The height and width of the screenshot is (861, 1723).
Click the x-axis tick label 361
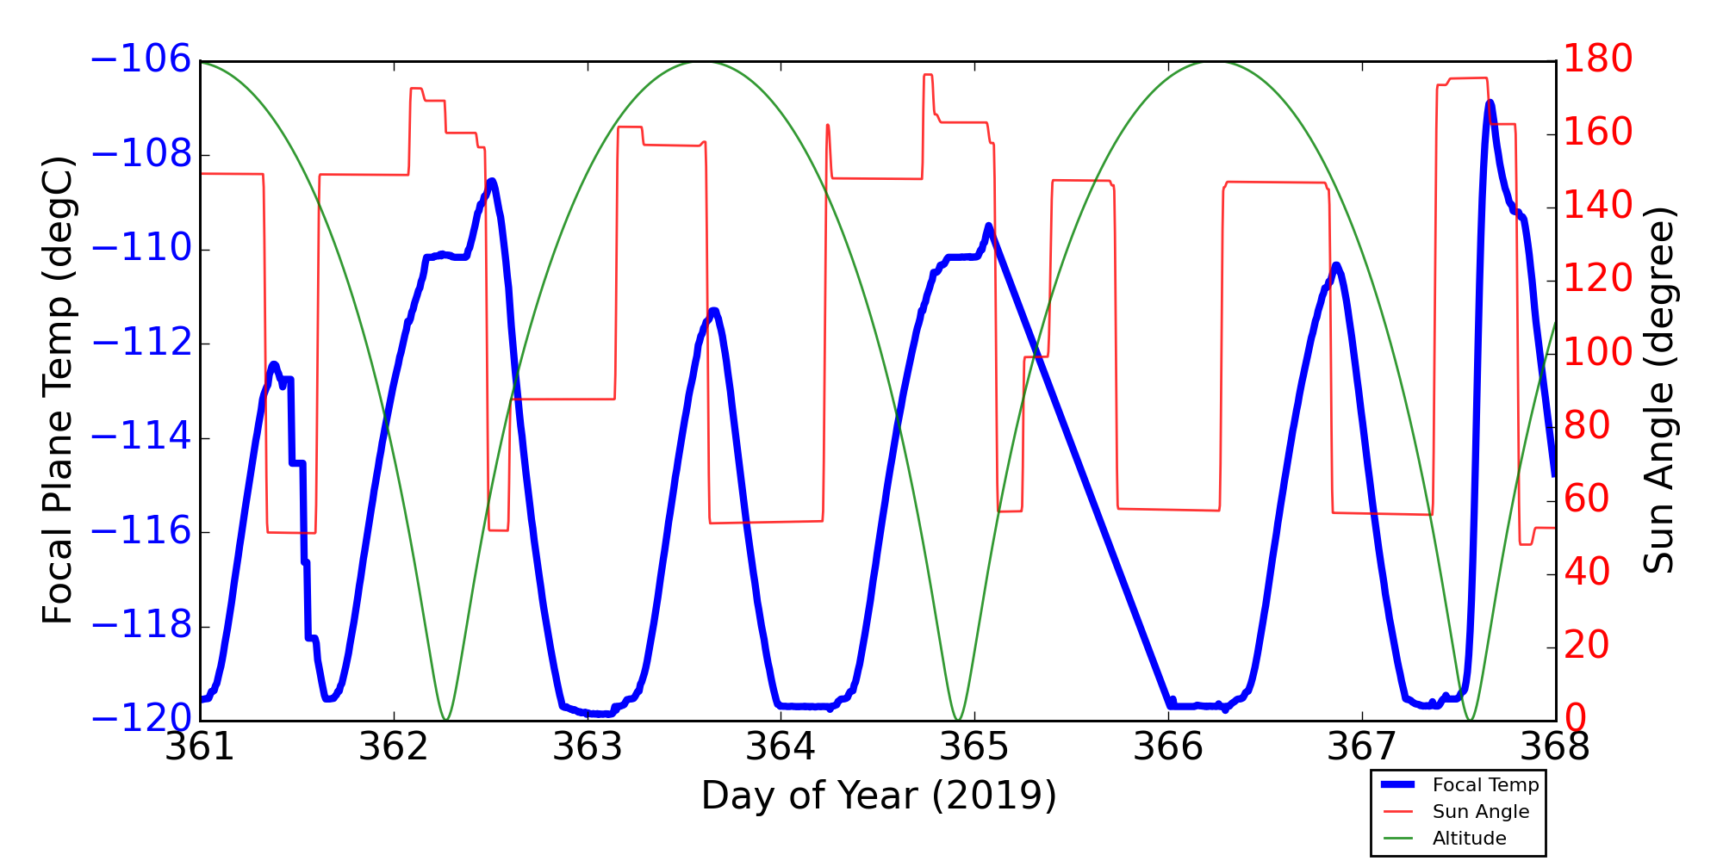[x=200, y=746]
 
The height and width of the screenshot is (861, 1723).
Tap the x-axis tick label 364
[x=781, y=746]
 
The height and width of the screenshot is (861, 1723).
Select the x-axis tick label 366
[x=1168, y=746]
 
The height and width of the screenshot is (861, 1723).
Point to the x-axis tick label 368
[x=1555, y=746]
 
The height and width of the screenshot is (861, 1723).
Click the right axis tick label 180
[x=1598, y=60]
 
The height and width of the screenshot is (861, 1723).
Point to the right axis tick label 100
[x=1598, y=353]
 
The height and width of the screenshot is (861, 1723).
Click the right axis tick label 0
[x=1576, y=719]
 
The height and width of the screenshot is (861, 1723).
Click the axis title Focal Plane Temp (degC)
[x=59, y=390]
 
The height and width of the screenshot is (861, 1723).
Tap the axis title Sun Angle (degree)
[x=1658, y=390]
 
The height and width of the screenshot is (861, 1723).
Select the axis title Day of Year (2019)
[x=879, y=796]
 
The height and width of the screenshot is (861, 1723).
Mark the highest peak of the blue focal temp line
[x=1490, y=102]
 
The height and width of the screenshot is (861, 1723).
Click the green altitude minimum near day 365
[x=957, y=719]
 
